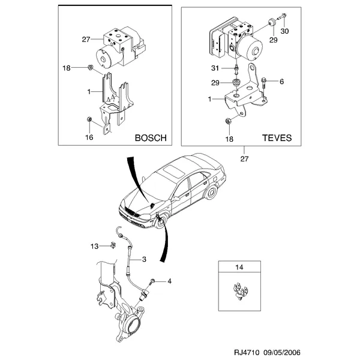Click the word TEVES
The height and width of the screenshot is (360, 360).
tap(278, 137)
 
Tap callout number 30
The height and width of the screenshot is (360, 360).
tap(284, 31)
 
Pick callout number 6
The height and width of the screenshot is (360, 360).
tap(281, 80)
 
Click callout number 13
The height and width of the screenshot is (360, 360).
tap(94, 246)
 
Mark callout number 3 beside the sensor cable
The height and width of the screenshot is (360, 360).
tap(144, 259)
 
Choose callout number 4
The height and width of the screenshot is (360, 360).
tap(170, 281)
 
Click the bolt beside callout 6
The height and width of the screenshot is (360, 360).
tap(265, 80)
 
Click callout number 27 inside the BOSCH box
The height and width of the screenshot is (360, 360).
tap(85, 40)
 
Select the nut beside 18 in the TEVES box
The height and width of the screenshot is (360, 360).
tap(229, 123)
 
